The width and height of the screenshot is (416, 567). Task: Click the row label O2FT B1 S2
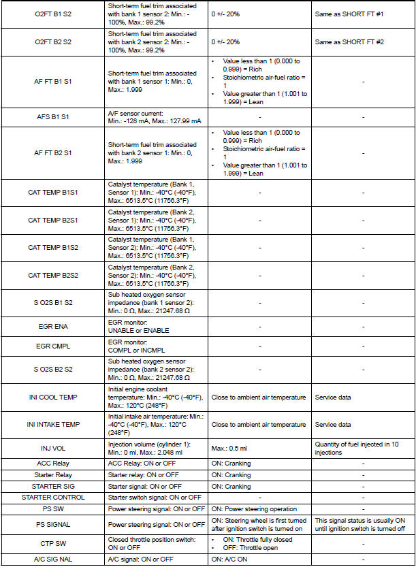pyautogui.click(x=52, y=14)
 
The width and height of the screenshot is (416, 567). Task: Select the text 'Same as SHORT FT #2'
pyautogui.click(x=349, y=42)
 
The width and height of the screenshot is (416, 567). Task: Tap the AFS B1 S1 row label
pyautogui.click(x=52, y=117)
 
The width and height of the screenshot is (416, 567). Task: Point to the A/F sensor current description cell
pyautogui.click(x=155, y=117)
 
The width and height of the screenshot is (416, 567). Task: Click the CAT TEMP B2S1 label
pyautogui.click(x=52, y=221)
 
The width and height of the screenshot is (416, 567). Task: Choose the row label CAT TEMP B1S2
pyautogui.click(x=52, y=248)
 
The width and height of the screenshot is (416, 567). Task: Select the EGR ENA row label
pyautogui.click(x=52, y=326)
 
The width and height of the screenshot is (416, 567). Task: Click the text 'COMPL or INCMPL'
pyautogui.click(x=138, y=349)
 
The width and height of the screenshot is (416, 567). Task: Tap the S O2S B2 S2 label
pyautogui.click(x=52, y=369)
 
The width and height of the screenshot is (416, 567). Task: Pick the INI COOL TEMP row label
pyautogui.click(x=52, y=397)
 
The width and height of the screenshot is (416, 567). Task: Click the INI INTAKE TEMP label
pyautogui.click(x=52, y=424)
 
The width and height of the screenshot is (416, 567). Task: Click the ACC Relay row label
pyautogui.click(x=52, y=464)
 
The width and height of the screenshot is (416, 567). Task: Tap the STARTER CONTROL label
pyautogui.click(x=52, y=498)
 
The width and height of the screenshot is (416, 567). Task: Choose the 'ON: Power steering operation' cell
pyautogui.click(x=253, y=508)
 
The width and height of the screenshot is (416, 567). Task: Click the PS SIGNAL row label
pyautogui.click(x=52, y=525)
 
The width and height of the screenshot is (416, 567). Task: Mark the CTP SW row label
pyautogui.click(x=52, y=544)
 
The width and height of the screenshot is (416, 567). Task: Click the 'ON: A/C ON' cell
pyautogui.click(x=228, y=559)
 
